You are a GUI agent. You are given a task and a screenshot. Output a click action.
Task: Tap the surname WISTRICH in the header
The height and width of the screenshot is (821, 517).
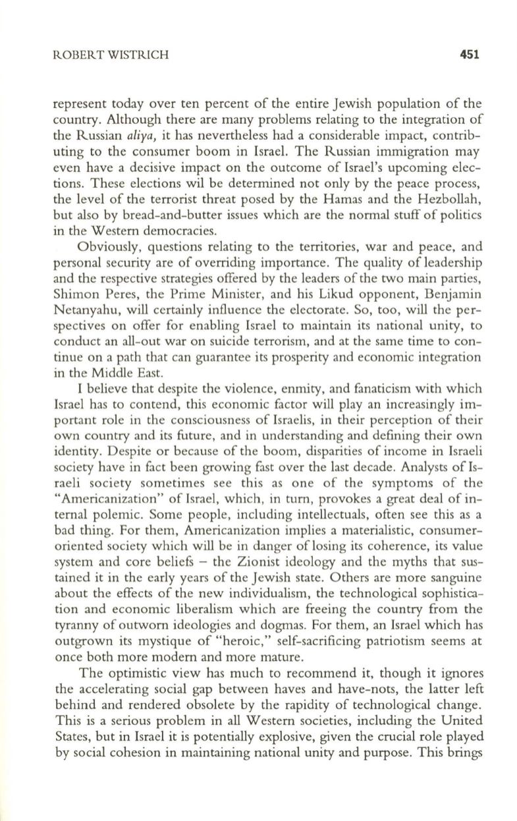point(116,55)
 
